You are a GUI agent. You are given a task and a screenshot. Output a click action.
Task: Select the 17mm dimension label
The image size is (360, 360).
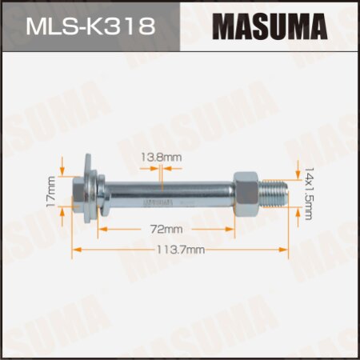(x=50, y=192)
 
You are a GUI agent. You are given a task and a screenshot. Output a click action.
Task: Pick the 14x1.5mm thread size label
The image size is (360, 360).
(x=309, y=193)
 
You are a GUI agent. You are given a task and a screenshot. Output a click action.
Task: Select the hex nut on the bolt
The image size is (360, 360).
(x=245, y=192)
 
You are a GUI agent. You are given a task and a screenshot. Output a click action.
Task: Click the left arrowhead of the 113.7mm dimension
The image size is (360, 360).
(x=77, y=250)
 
